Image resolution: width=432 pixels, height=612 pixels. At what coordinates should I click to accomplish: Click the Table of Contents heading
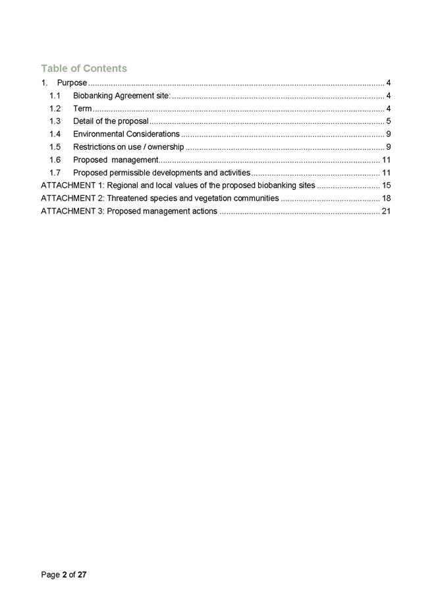tap(84, 68)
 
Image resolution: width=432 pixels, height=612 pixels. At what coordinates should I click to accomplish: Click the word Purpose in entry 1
tap(72, 83)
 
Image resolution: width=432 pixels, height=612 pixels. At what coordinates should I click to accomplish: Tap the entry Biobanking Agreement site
tap(121, 96)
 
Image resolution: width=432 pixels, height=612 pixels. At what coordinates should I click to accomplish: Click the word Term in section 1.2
tap(82, 109)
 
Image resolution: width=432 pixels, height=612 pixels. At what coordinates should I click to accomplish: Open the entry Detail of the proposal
tap(111, 121)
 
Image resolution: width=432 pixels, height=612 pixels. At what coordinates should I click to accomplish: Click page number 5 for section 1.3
tap(389, 121)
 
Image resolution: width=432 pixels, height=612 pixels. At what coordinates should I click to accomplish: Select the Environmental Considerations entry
tap(126, 134)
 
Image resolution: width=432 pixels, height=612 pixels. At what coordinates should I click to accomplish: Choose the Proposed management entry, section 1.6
tap(115, 160)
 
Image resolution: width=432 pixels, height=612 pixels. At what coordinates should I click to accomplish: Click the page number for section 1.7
tap(387, 173)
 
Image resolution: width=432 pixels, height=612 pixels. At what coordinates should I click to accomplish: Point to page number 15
tap(387, 185)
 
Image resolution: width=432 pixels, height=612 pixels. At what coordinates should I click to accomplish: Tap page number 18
tap(387, 199)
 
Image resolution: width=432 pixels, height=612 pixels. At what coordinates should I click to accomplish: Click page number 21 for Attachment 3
tap(387, 211)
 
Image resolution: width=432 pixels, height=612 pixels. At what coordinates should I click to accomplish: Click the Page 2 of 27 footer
tap(64, 575)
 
